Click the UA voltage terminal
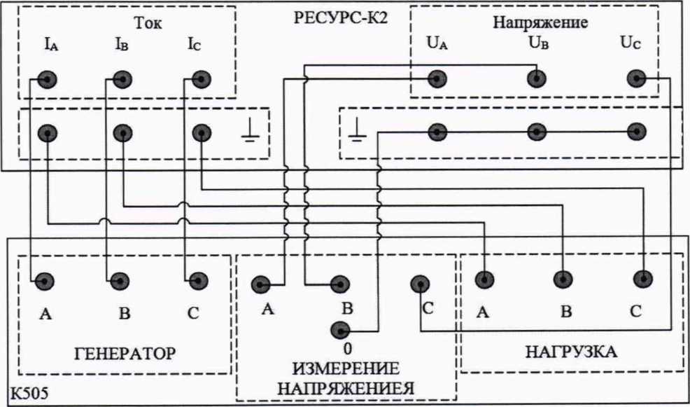437,78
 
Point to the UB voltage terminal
536,78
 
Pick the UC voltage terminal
635,78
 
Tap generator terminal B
122,281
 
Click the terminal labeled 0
340,330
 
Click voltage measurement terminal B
340,284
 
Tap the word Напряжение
540,22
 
